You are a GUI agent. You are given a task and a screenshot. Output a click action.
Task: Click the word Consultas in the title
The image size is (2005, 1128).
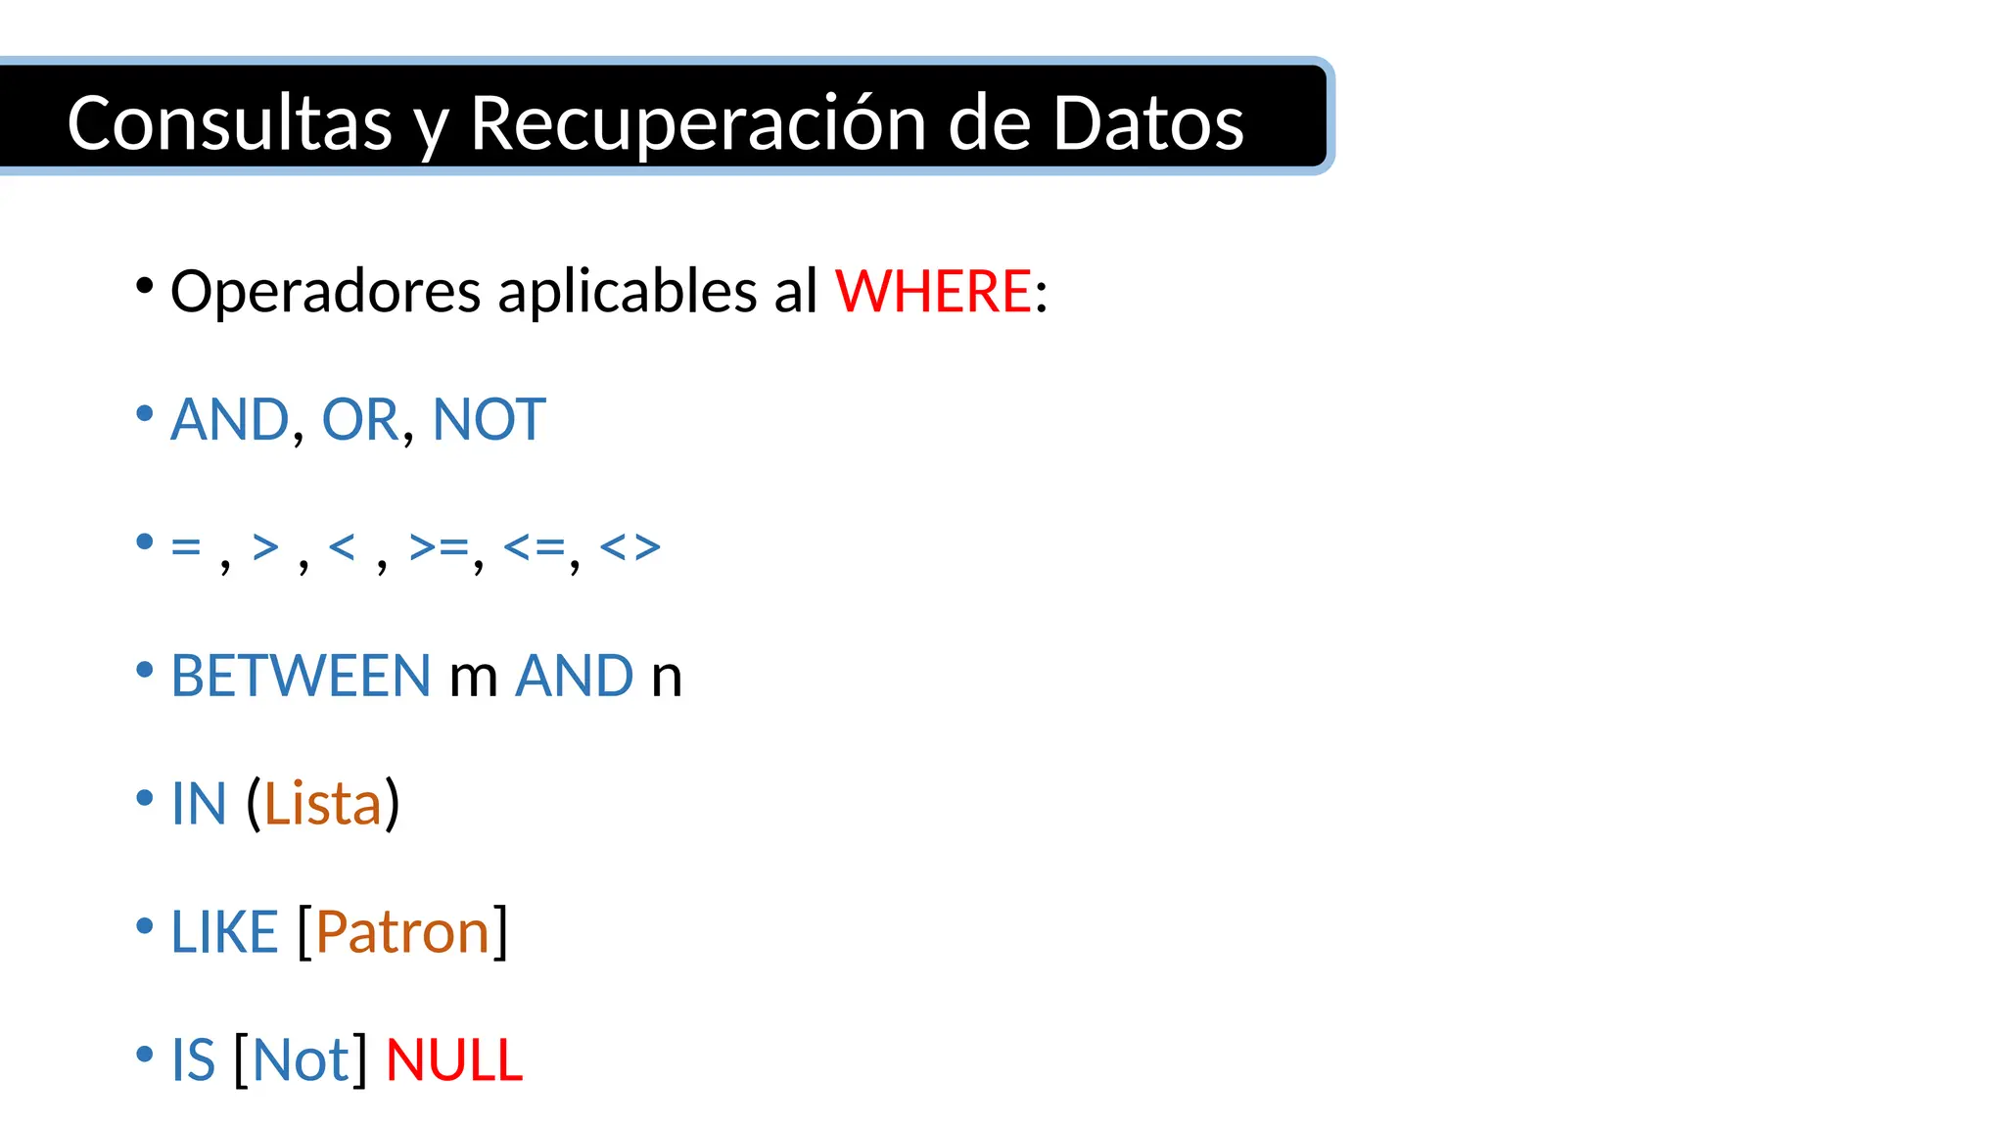tap(229, 123)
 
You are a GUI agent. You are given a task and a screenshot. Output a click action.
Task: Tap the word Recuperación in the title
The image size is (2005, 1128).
tap(698, 123)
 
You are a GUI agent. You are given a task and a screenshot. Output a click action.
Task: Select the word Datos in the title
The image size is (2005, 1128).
tap(1147, 123)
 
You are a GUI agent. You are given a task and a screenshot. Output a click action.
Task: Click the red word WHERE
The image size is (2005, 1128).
tap(933, 292)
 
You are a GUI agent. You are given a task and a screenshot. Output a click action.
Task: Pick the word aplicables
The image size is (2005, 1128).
tap(628, 292)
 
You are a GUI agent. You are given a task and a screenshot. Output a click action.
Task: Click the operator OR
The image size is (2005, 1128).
tap(359, 420)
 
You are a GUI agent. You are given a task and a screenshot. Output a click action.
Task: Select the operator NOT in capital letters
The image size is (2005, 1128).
tap(489, 420)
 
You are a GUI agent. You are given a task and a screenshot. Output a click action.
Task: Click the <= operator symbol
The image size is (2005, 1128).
tap(535, 547)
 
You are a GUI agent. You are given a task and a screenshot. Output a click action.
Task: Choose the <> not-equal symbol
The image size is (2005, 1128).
tap(629, 547)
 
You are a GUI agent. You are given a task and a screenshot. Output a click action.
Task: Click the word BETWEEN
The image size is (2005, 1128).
tap(301, 676)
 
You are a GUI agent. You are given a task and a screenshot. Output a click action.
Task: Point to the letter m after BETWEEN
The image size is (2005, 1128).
tap(474, 678)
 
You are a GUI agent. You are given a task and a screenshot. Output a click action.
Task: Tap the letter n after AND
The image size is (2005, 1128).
tap(666, 678)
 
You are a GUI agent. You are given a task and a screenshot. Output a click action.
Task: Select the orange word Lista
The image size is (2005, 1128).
tap(322, 804)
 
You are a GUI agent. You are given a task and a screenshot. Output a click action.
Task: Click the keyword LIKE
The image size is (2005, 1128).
tap(224, 932)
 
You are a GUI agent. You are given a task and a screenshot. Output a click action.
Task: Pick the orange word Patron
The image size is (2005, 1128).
tap(402, 932)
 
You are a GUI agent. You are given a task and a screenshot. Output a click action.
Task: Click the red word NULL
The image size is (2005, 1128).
tap(454, 1060)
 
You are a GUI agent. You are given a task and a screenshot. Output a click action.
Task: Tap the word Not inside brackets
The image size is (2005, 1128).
tap(301, 1060)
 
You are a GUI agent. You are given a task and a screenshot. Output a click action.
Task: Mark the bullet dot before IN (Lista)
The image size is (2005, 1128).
tap(145, 797)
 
